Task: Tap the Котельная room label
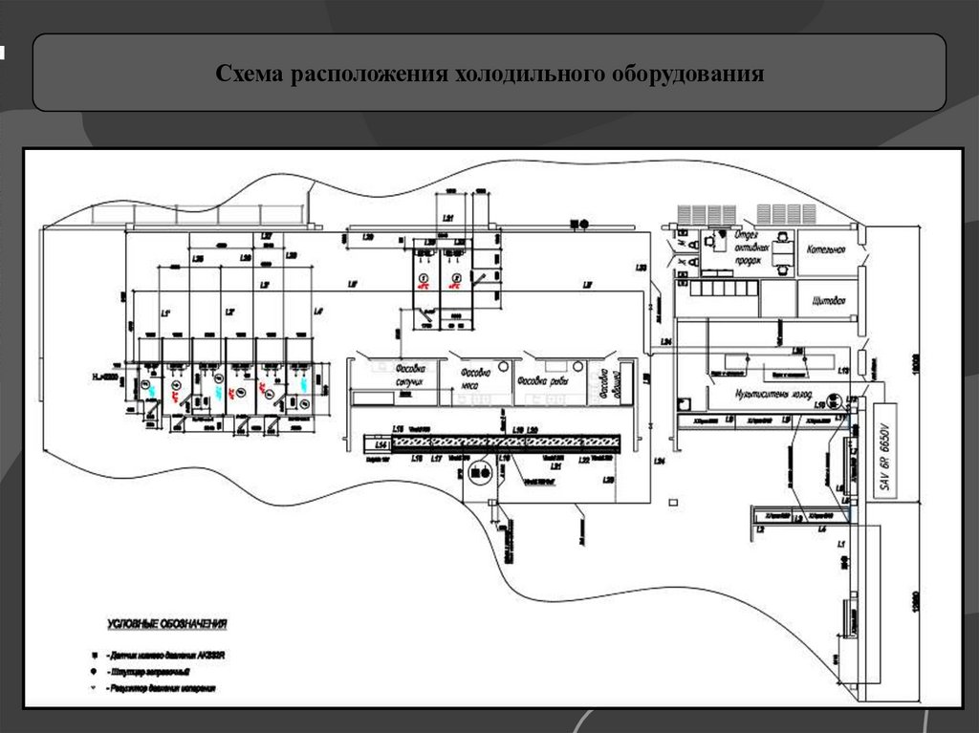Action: point(826,250)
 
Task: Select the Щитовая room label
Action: point(828,301)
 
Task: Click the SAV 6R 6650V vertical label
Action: point(884,457)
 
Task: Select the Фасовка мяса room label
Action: point(475,378)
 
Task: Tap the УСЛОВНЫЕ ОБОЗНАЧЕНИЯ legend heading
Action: point(165,625)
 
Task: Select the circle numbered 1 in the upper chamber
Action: point(424,278)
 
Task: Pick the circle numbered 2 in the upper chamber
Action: point(453,278)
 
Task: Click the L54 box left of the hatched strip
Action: point(380,445)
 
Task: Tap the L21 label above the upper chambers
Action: point(448,219)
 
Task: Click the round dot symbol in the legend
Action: point(94,673)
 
